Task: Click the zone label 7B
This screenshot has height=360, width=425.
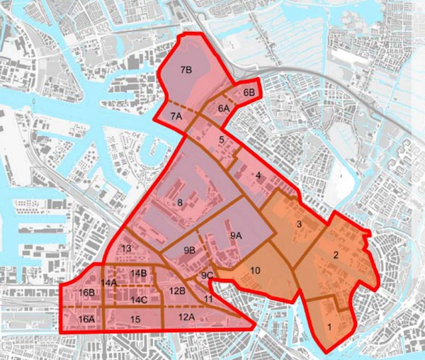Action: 187,70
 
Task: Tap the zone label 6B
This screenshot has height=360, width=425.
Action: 249,93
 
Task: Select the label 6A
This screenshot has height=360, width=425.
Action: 224,108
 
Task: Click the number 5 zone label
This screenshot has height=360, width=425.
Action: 222,140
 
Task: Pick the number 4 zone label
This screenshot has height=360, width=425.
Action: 259,175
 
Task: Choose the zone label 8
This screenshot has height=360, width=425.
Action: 181,203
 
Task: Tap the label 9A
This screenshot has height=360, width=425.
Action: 237,235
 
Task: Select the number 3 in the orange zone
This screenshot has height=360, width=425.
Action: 299,224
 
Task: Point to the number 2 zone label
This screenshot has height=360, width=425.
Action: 336,255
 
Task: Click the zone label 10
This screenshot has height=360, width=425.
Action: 256,270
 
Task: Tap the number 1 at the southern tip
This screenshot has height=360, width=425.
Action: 329,327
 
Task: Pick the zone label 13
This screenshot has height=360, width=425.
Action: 127,248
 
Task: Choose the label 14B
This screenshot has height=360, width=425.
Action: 139,273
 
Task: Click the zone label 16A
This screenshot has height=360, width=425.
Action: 86,319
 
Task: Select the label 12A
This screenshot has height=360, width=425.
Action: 187,317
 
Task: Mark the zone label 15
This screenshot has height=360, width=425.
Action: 135,320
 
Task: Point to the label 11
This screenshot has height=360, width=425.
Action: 208,300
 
